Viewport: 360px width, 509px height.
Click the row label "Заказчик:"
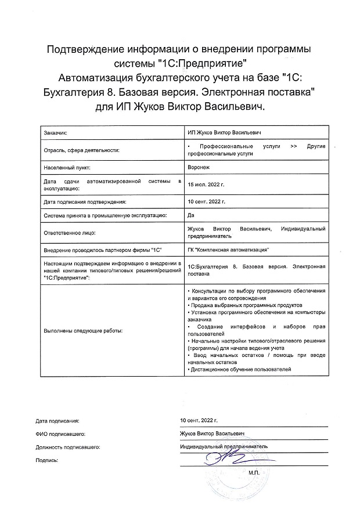56,133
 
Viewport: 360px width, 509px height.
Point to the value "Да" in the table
191,216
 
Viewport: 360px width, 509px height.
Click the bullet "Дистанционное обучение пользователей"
240,369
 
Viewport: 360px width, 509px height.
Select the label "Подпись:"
48,460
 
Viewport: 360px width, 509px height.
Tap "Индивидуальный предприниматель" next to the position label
224,447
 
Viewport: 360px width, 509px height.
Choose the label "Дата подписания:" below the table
57,419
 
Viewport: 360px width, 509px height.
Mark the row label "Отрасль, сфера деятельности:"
81,150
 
